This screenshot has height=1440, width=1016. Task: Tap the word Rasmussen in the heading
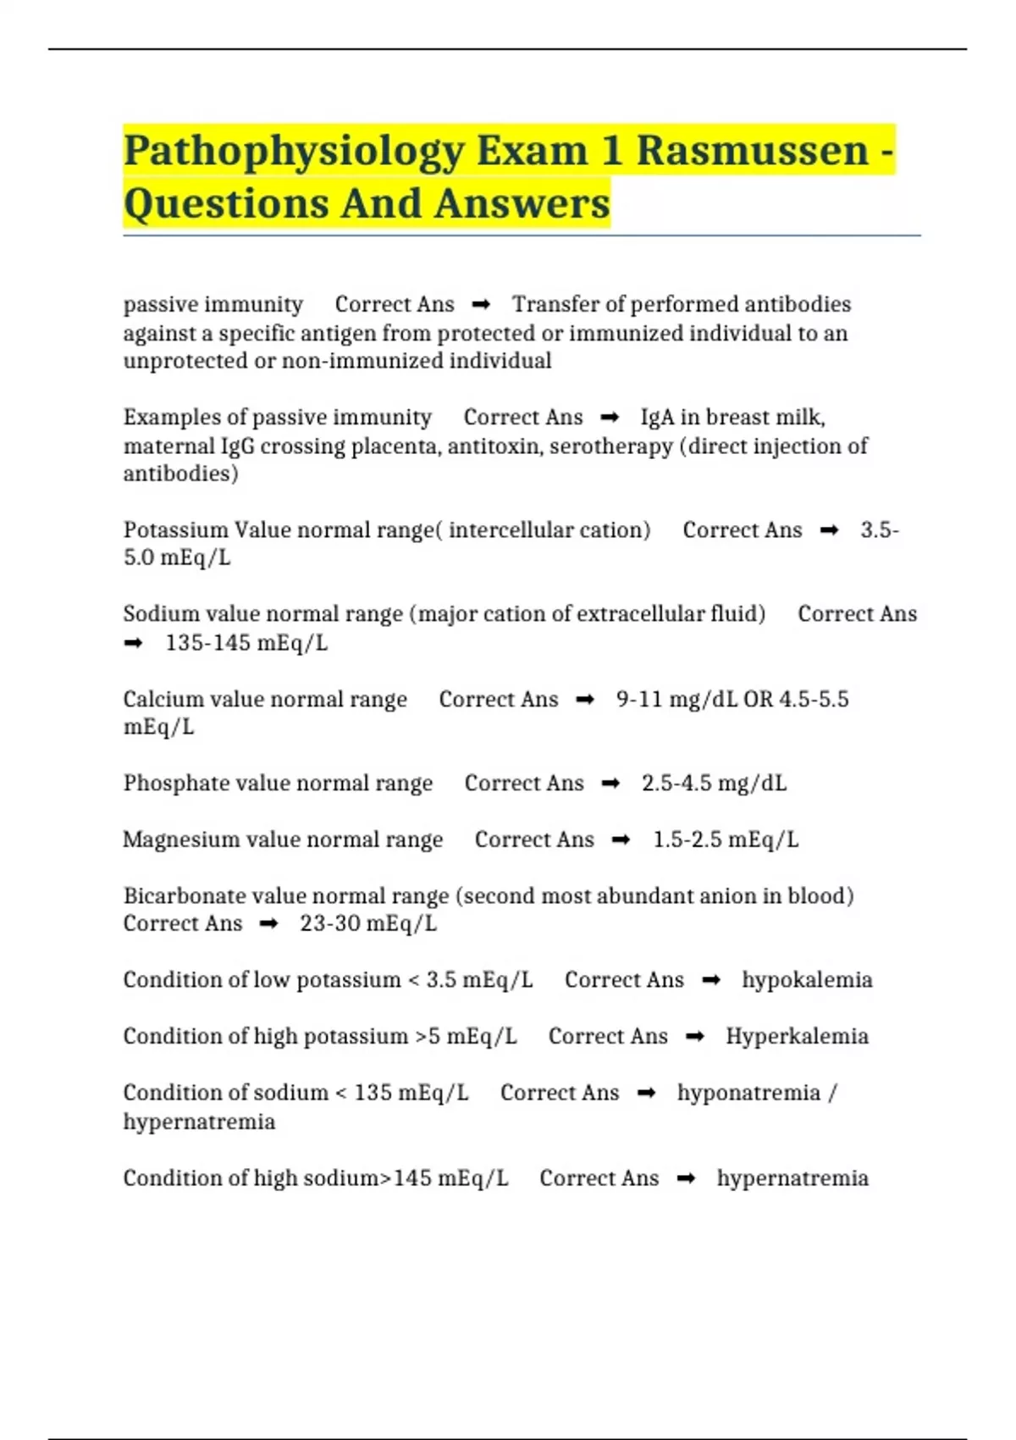[753, 150]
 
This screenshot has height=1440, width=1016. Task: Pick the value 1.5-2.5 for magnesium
[687, 839]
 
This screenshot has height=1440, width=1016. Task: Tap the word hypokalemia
[807, 980]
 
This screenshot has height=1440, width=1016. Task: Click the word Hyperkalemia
[797, 1036]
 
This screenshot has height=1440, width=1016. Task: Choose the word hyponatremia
[748, 1093]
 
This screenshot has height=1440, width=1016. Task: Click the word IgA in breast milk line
[657, 417]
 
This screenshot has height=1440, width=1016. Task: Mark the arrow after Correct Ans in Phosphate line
[610, 784]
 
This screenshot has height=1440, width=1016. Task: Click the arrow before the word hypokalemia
[711, 980]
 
